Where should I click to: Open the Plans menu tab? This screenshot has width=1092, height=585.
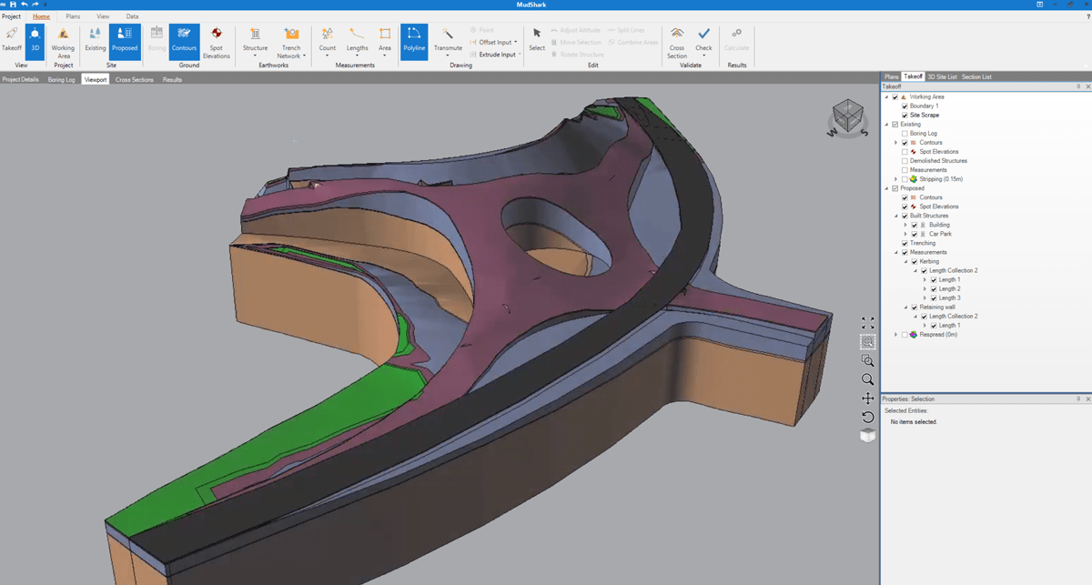[73, 16]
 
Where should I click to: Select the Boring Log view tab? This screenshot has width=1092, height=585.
[61, 80]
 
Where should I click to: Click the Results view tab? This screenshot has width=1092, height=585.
[172, 80]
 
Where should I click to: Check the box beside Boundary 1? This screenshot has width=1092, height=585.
[905, 106]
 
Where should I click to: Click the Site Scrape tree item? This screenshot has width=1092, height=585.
[925, 116]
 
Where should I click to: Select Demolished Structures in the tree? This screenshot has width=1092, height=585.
[937, 161]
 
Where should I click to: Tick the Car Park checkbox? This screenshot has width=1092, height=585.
[915, 234]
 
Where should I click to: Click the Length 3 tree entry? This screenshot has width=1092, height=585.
[949, 298]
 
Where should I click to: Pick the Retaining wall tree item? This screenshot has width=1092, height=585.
[938, 308]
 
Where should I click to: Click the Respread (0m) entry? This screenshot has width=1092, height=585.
[937, 335]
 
